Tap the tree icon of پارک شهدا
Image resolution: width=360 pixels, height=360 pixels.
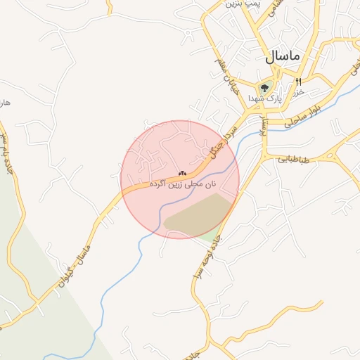pos(264,88)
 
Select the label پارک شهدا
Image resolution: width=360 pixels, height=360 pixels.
pos(264,100)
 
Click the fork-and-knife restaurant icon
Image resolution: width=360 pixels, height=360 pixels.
pos(298,82)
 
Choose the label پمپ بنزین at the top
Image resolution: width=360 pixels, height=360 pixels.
pos(243,4)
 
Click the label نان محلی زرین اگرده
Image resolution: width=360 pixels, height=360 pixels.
pos(182,184)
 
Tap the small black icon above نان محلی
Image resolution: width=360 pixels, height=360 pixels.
pos(182,173)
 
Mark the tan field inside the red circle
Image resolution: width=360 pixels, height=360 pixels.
pos(199,214)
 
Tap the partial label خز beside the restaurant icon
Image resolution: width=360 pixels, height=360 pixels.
pos(298,92)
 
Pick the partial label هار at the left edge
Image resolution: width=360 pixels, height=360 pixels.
pos(5,103)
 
